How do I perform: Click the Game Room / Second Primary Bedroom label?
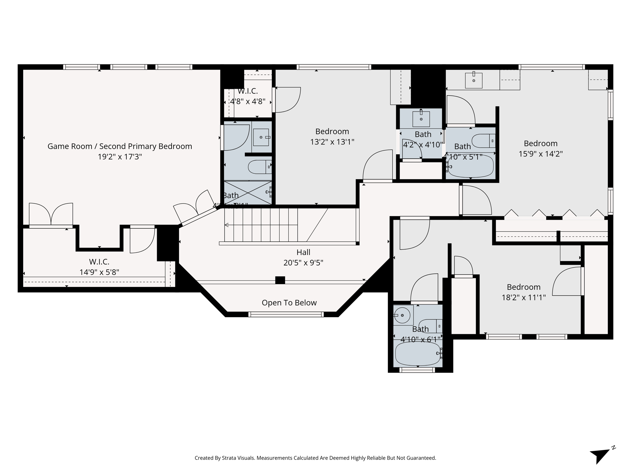[x=120, y=146]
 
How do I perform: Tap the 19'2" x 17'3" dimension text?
[x=120, y=157]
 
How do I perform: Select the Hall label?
[x=303, y=252]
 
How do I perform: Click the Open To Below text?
[x=289, y=303]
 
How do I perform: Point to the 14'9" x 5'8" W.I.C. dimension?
[x=99, y=272]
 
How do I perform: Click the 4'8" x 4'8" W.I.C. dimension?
[x=247, y=102]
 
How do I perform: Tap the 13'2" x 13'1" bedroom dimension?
[x=332, y=142]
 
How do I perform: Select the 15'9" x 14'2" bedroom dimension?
[x=540, y=154]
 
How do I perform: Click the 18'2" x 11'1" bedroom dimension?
[x=523, y=297]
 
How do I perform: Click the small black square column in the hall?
[x=280, y=280]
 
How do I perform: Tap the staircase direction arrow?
[x=227, y=225]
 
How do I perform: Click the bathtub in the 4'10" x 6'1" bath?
[x=417, y=354]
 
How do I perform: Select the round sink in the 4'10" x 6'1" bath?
[x=403, y=315]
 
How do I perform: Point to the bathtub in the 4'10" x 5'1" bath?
[x=470, y=166]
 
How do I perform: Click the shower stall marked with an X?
[x=247, y=193]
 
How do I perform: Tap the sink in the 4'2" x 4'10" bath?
[x=421, y=118]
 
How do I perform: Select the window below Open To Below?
[x=286, y=314]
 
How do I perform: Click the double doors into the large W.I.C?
[x=51, y=215]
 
